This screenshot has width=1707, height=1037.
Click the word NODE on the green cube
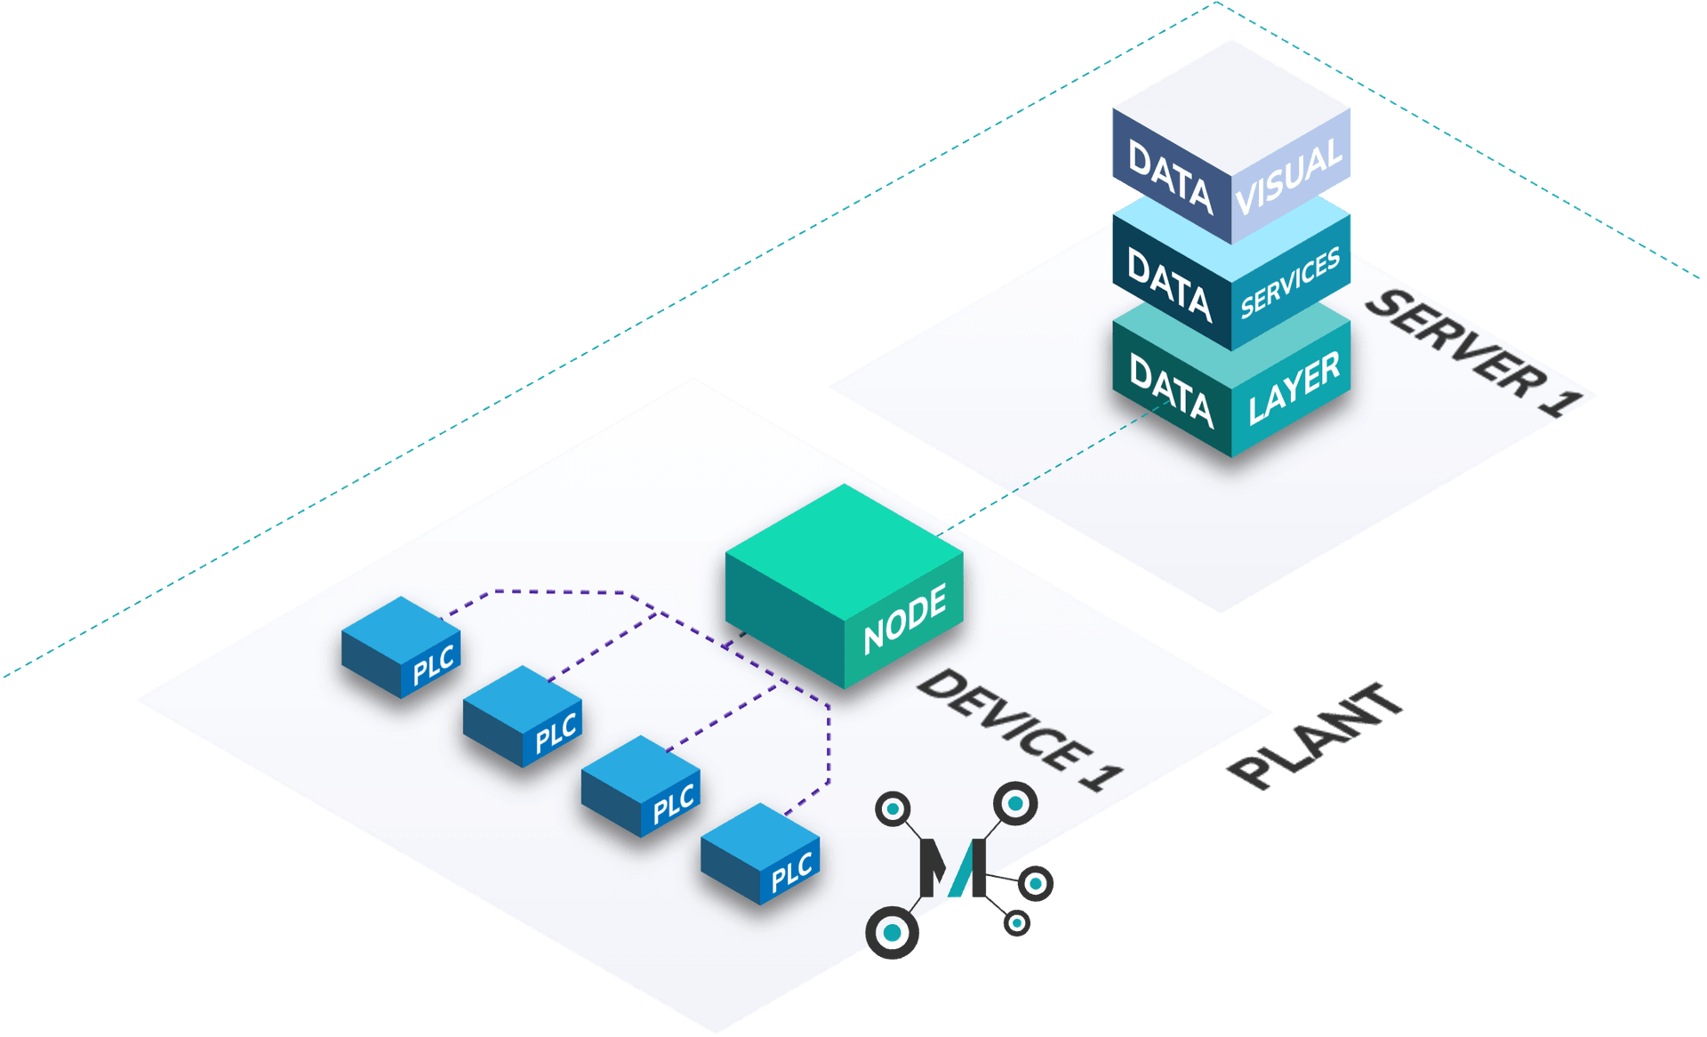(905, 619)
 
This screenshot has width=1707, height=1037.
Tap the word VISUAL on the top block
(1289, 176)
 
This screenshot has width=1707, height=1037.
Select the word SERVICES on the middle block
(1290, 284)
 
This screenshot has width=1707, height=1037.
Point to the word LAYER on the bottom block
(1294, 388)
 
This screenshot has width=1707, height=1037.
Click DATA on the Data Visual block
(1170, 177)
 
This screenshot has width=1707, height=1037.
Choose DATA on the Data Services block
(1170, 285)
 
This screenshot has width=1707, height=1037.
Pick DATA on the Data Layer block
(1171, 390)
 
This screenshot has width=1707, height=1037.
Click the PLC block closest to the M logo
(760, 854)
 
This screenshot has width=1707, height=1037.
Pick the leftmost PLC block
(401, 647)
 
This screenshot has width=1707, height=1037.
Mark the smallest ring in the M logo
(1016, 923)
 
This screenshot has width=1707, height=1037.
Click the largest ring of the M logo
(892, 933)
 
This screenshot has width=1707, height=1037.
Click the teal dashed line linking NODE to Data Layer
(1049, 470)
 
